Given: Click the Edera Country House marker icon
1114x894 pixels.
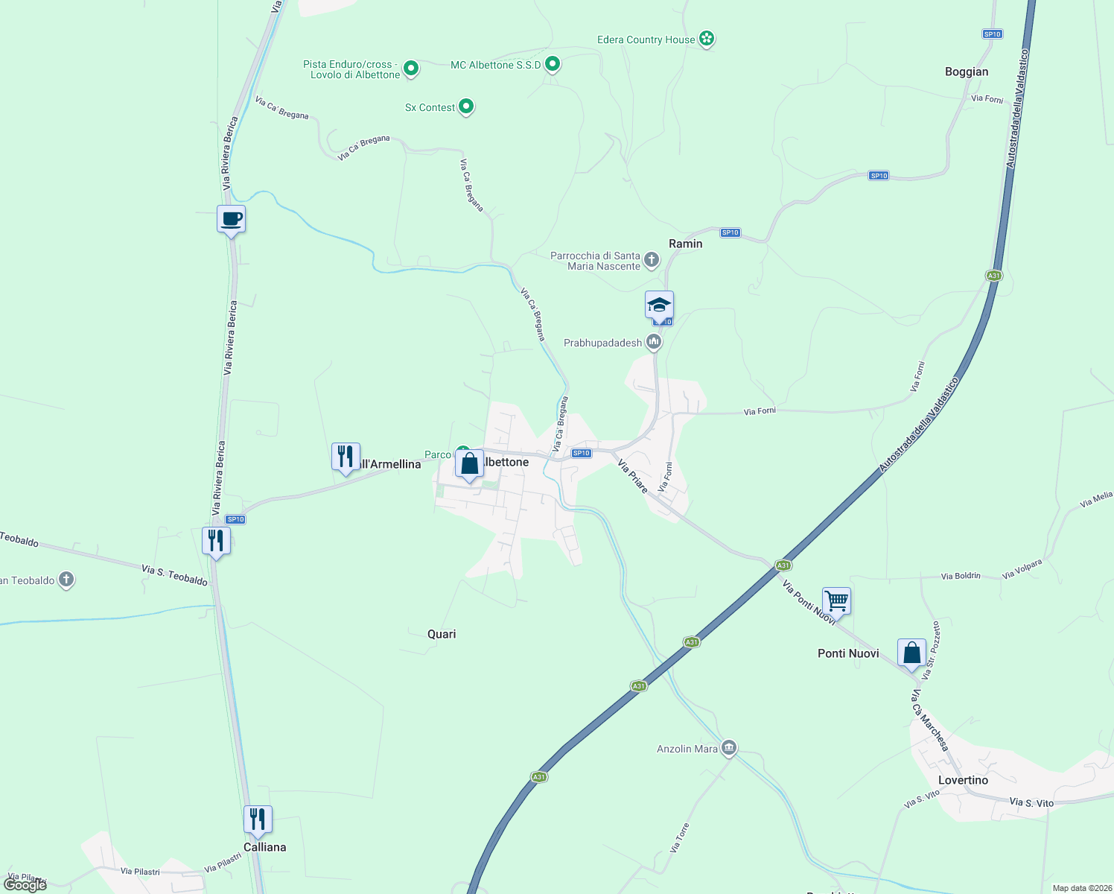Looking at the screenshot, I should [x=707, y=39].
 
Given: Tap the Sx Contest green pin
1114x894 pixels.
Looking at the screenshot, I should [x=466, y=107].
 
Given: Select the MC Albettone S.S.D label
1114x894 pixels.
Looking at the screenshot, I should [x=495, y=66].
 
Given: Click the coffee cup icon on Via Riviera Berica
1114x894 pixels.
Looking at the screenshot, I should [x=231, y=219].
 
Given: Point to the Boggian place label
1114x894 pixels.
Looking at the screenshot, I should [x=966, y=72].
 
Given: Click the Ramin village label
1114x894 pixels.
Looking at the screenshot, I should [x=685, y=244].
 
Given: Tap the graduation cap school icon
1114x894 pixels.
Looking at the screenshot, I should [x=659, y=305].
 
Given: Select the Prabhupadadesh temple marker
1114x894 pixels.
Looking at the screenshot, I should [x=654, y=342].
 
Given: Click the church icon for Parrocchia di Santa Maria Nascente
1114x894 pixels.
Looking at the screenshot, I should [x=652, y=259].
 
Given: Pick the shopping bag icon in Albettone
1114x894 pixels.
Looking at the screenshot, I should [x=470, y=464].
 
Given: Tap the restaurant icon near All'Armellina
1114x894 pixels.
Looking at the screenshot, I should [x=346, y=456].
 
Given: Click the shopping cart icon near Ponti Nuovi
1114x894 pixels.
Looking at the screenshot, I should [x=836, y=600].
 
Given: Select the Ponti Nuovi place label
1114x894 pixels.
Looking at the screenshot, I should [x=848, y=653].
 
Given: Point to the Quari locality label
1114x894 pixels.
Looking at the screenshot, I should [x=442, y=634].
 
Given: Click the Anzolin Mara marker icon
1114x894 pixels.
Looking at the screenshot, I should [x=729, y=747].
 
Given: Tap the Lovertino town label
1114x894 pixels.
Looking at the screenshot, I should [x=963, y=780].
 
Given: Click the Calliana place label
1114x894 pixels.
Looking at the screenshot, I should [x=264, y=847].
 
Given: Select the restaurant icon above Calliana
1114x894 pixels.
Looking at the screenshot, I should [x=258, y=819].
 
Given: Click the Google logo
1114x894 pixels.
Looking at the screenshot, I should [x=25, y=885].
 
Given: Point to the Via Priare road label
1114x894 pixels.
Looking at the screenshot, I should [x=633, y=476].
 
